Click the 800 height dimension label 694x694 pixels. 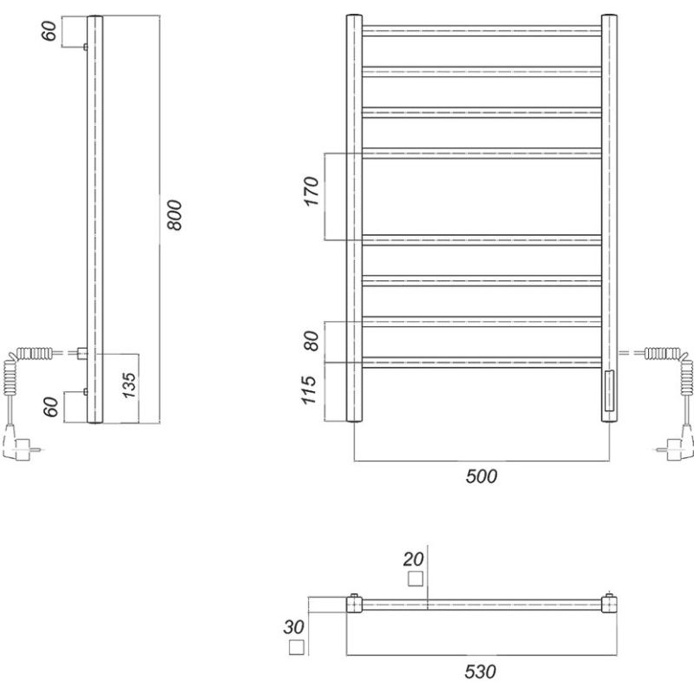(x=175, y=215)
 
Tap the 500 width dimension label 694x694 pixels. (x=481, y=476)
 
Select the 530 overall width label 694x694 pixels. (x=481, y=671)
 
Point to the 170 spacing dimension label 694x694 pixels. (x=311, y=191)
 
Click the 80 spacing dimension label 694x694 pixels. (x=311, y=340)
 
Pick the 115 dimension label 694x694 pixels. (x=309, y=390)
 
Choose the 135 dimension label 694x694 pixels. (x=128, y=385)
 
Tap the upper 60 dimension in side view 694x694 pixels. (x=49, y=30)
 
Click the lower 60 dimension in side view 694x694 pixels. (x=51, y=407)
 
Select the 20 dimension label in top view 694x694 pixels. (x=414, y=560)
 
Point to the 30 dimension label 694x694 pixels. (x=294, y=627)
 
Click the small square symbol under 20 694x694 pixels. (x=416, y=579)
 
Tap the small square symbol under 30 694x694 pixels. (x=297, y=647)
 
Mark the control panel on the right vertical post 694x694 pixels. (x=609, y=391)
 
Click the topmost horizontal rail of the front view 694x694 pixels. (x=481, y=30)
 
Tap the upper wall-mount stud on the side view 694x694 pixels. (x=85, y=47)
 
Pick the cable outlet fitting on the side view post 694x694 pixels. (x=82, y=353)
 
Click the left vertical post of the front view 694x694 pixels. (x=354, y=219)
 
